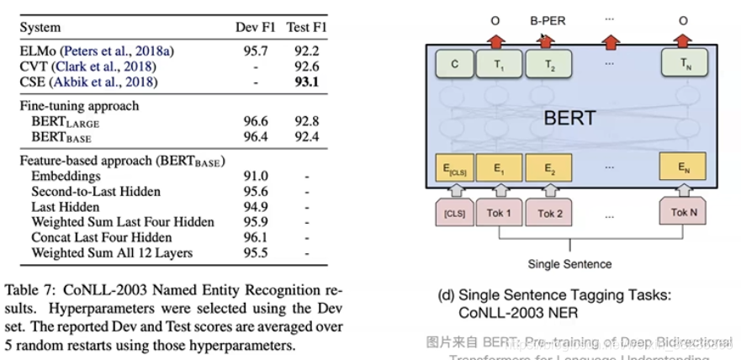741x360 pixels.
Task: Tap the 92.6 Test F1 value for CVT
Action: (305, 66)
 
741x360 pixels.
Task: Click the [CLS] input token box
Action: (453, 213)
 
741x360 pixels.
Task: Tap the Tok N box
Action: (683, 213)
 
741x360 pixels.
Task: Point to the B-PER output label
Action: (548, 19)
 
